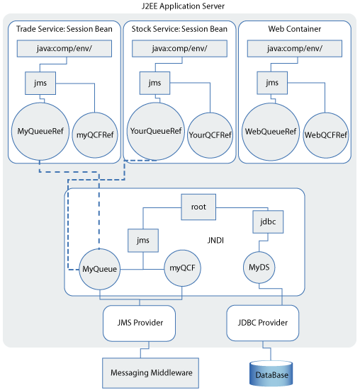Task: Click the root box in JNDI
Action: pos(198,207)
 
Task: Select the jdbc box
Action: pos(268,222)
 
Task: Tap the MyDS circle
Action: pos(259,268)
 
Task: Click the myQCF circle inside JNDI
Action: pos(182,268)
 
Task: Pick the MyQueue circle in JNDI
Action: pos(100,269)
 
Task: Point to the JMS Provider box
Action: pos(139,323)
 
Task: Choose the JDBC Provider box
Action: pos(263,323)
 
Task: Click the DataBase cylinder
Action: pos(271,374)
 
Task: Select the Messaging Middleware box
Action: pos(151,373)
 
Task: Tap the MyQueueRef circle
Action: pos(40,132)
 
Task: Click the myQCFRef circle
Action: pos(95,135)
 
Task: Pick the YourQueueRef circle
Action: pos(156,131)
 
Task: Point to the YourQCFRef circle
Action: pos(210,135)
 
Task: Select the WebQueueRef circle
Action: pos(271,132)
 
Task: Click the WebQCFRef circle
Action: pos(326,135)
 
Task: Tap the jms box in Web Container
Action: pos(272,83)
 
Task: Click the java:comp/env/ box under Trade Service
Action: pos(64,49)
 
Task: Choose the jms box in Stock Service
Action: pos(154,83)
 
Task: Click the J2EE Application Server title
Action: pos(183,6)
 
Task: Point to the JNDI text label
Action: pos(215,241)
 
